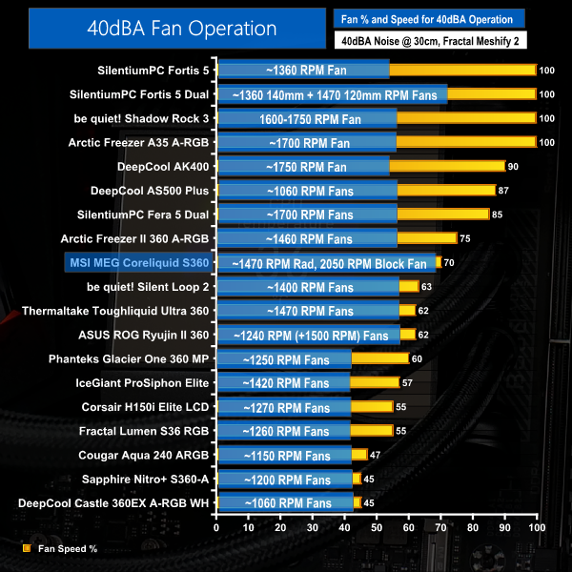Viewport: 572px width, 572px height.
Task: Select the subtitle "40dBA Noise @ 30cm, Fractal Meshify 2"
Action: pyautogui.click(x=430, y=41)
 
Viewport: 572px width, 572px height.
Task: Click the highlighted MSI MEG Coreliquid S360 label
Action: pyautogui.click(x=136, y=262)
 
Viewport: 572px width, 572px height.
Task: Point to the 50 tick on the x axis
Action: pyautogui.click(x=377, y=527)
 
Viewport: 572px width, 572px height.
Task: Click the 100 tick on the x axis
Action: pyautogui.click(x=536, y=527)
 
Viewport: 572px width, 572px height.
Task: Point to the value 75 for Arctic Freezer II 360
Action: pyautogui.click(x=465, y=238)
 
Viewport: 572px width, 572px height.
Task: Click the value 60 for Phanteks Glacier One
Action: pyautogui.click(x=417, y=358)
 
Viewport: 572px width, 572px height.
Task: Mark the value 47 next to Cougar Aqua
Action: pyautogui.click(x=375, y=455)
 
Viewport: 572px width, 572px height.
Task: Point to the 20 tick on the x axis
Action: pyautogui.click(x=281, y=527)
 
